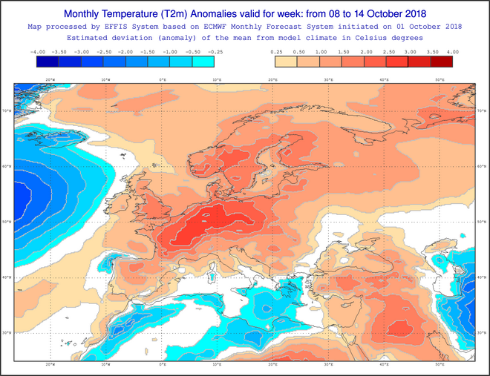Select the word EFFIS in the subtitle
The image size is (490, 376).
pyautogui.click(x=122, y=26)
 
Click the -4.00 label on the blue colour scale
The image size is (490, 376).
pyautogui.click(x=38, y=52)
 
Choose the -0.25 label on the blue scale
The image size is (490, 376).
pyautogui.click(x=216, y=52)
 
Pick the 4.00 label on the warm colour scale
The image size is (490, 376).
pyautogui.click(x=452, y=52)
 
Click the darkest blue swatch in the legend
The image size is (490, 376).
pyautogui.click(x=48, y=62)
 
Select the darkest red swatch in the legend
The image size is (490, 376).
pyautogui.click(x=442, y=62)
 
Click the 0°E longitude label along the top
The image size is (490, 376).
pyautogui.click(x=163, y=79)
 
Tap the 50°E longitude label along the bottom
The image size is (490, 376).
pyautogui.click(x=439, y=366)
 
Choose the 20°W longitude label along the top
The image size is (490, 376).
pyautogui.click(x=50, y=79)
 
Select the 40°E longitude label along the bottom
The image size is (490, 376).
pyautogui.click(x=384, y=366)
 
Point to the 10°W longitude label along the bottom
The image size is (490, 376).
pyautogui.click(x=105, y=366)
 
